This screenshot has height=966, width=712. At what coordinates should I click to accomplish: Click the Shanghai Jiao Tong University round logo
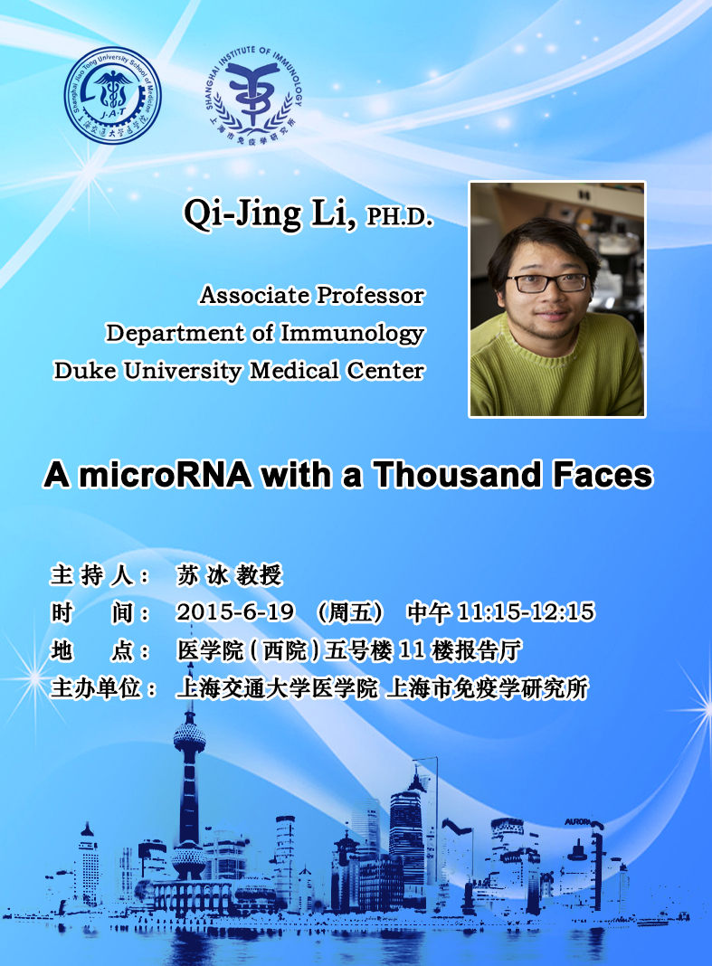[113, 96]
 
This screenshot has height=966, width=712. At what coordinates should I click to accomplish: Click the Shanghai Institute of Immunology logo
[253, 96]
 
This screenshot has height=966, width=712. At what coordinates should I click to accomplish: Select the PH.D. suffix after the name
[400, 217]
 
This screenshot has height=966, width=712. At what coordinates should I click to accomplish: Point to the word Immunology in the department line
[353, 333]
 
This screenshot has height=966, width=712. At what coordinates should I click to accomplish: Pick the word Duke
[86, 370]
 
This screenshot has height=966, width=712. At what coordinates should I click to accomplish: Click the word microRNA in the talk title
[166, 474]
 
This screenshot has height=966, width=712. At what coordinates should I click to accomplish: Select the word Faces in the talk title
[603, 474]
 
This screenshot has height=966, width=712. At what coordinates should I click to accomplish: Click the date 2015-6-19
[235, 611]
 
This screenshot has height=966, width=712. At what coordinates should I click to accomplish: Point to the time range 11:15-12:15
[526, 611]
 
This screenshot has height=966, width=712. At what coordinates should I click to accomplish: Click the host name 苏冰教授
[229, 574]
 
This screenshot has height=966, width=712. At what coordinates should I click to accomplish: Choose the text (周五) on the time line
[350, 612]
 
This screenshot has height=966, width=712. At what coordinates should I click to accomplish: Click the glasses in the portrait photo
[547, 283]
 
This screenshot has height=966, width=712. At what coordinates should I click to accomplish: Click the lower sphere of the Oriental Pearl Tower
[189, 857]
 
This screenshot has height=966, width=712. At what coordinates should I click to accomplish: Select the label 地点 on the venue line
[92, 650]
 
